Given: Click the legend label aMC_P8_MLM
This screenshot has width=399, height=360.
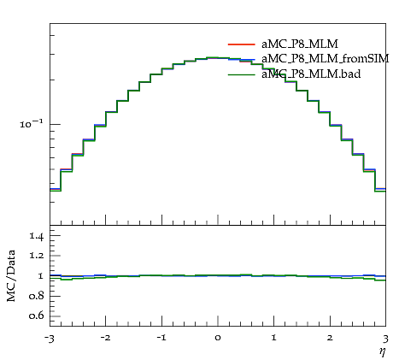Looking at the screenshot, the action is [300, 44].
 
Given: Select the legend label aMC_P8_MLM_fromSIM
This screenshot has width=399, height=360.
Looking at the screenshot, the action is [326, 59].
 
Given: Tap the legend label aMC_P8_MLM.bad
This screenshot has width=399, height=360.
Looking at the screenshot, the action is [311, 74].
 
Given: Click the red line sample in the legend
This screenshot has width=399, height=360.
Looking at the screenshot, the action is [242, 44].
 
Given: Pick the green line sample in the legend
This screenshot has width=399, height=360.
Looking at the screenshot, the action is [242, 74].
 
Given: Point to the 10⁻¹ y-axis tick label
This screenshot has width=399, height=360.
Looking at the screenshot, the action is [32, 123].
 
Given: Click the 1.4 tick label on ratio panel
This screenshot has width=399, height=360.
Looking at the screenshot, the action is [37, 236].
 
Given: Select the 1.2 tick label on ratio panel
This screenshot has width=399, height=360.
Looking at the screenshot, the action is [37, 256].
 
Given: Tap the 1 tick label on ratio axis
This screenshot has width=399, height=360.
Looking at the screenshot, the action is [40, 276].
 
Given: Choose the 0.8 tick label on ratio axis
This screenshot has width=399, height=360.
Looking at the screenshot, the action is [37, 296].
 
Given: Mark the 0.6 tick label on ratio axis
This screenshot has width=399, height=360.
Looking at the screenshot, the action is [37, 316].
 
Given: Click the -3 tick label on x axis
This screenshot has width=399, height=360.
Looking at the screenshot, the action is [50, 339].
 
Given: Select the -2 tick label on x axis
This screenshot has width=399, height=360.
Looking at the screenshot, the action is [105, 338].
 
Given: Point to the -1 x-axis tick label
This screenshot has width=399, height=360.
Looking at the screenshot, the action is [161, 338].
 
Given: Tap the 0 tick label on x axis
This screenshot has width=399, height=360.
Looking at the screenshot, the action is [218, 338].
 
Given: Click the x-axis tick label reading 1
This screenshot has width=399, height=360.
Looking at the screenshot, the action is [274, 338].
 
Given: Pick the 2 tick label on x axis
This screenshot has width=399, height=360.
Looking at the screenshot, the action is [330, 338].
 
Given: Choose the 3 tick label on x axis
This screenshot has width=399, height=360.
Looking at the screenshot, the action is [385, 339].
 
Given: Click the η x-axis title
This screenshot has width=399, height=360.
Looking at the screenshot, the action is [382, 352].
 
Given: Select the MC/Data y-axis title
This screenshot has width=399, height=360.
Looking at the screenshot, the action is [11, 275].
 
